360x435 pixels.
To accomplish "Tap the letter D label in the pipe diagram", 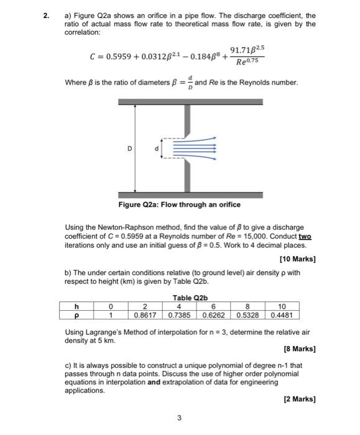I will pyautogui.click(x=129, y=148).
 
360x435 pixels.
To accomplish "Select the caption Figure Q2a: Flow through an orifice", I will pyautogui.click(x=179, y=204).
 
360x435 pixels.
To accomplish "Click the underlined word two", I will pyautogui.click(x=305, y=237).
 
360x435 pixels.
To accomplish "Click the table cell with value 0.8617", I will pyautogui.click(x=145, y=314).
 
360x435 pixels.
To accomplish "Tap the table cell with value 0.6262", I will pyautogui.click(x=213, y=314).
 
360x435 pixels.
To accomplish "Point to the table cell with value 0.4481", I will pyautogui.click(x=281, y=314).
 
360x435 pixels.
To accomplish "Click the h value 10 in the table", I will pyautogui.click(x=281, y=305).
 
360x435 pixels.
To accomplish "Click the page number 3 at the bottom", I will pyautogui.click(x=179, y=418).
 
